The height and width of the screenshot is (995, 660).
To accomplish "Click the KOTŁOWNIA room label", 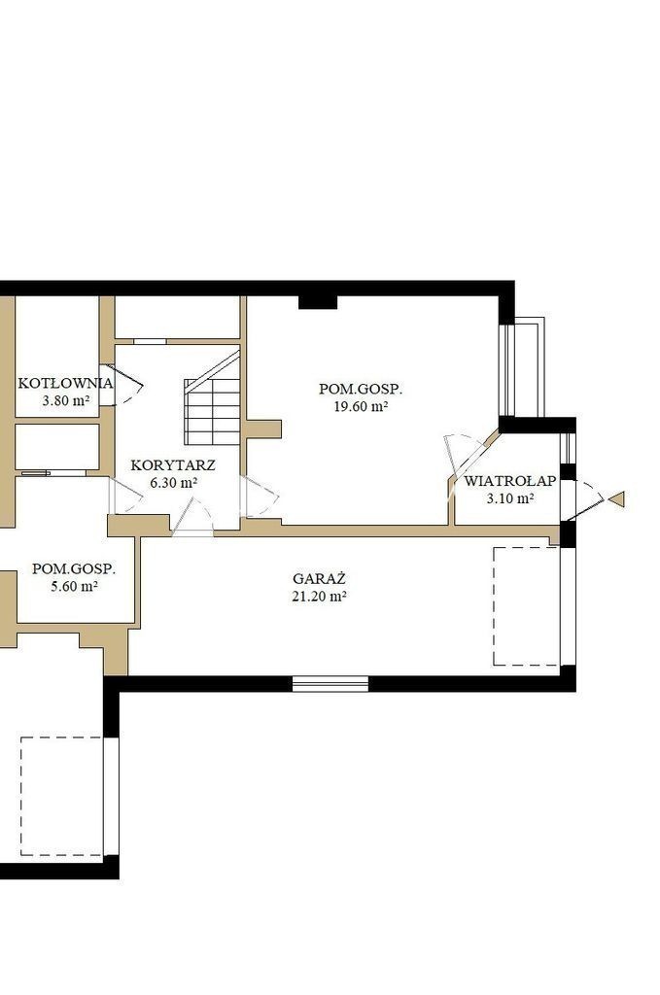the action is point(65,383).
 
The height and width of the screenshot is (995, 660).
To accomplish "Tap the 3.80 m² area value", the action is point(65,400).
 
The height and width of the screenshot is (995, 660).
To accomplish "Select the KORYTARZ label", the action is point(173,465).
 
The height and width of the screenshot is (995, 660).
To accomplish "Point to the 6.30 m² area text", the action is point(173,482).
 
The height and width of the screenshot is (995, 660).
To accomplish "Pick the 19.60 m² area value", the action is point(361,407).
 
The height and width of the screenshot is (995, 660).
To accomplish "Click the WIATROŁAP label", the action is point(509,481).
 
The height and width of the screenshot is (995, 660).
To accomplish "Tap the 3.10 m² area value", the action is point(509,498).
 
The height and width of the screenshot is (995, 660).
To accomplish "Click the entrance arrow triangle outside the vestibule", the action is point(616,499).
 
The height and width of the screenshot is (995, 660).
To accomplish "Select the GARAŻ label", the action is point(319,579).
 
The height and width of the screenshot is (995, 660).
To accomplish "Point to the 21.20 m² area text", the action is point(319,596).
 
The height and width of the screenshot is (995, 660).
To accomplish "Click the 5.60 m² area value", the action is point(74,586).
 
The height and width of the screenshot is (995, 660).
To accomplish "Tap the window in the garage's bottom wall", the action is point(330,683).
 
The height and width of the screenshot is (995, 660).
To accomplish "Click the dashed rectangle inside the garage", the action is point(526,606).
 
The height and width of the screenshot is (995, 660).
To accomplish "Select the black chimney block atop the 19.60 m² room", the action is point(318,302).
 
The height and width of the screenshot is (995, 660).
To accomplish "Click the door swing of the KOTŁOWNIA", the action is point(122,385).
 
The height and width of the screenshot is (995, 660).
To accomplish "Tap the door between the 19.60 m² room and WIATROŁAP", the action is point(467,457).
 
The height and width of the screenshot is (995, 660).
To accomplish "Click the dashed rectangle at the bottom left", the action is point(61,796).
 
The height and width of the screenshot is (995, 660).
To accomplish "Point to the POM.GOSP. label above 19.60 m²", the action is point(361,389).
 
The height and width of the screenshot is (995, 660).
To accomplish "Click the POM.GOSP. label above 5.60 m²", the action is point(74,567).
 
